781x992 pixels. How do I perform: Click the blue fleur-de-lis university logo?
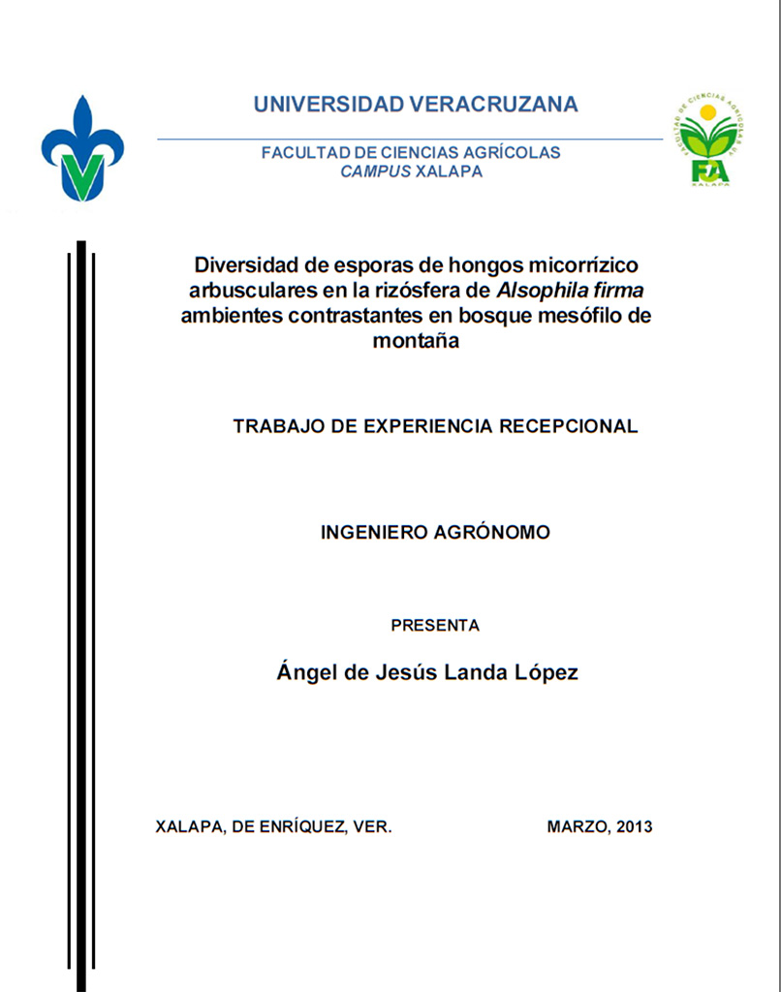click(82, 150)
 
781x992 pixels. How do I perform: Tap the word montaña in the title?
click(415, 340)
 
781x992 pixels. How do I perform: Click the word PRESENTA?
click(435, 626)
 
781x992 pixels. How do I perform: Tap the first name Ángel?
click(301, 672)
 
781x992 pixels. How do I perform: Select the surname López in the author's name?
click(546, 672)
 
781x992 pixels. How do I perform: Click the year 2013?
click(634, 827)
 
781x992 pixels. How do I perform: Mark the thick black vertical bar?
click(81, 610)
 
